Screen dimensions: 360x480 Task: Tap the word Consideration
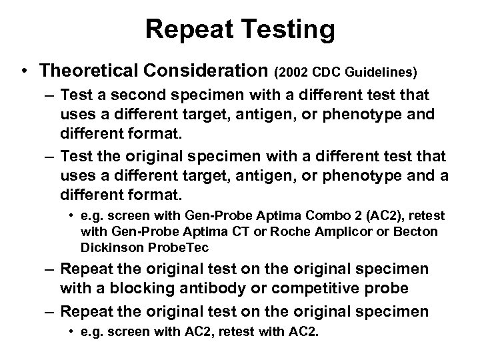click(x=204, y=71)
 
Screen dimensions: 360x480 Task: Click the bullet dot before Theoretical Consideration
click(x=24, y=71)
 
